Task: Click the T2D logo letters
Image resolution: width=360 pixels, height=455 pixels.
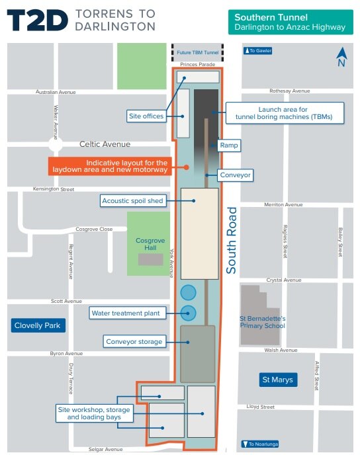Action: (38, 21)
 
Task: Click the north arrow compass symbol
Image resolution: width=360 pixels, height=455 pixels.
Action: (341, 58)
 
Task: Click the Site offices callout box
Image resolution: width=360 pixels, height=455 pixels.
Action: (146, 116)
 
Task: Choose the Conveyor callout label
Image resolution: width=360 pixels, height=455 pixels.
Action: (236, 175)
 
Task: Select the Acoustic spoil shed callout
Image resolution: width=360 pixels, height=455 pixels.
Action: (132, 200)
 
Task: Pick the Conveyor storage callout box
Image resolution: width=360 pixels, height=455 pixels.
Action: (133, 342)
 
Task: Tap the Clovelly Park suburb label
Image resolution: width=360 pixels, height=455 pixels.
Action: (36, 325)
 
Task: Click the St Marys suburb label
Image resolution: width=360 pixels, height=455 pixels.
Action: (277, 380)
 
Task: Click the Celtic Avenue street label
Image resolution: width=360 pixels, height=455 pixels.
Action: (105, 144)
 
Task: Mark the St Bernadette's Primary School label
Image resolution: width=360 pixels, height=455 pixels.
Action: (262, 321)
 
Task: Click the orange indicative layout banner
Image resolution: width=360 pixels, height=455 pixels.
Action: (110, 166)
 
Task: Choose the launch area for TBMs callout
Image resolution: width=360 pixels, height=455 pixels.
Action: (284, 112)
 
